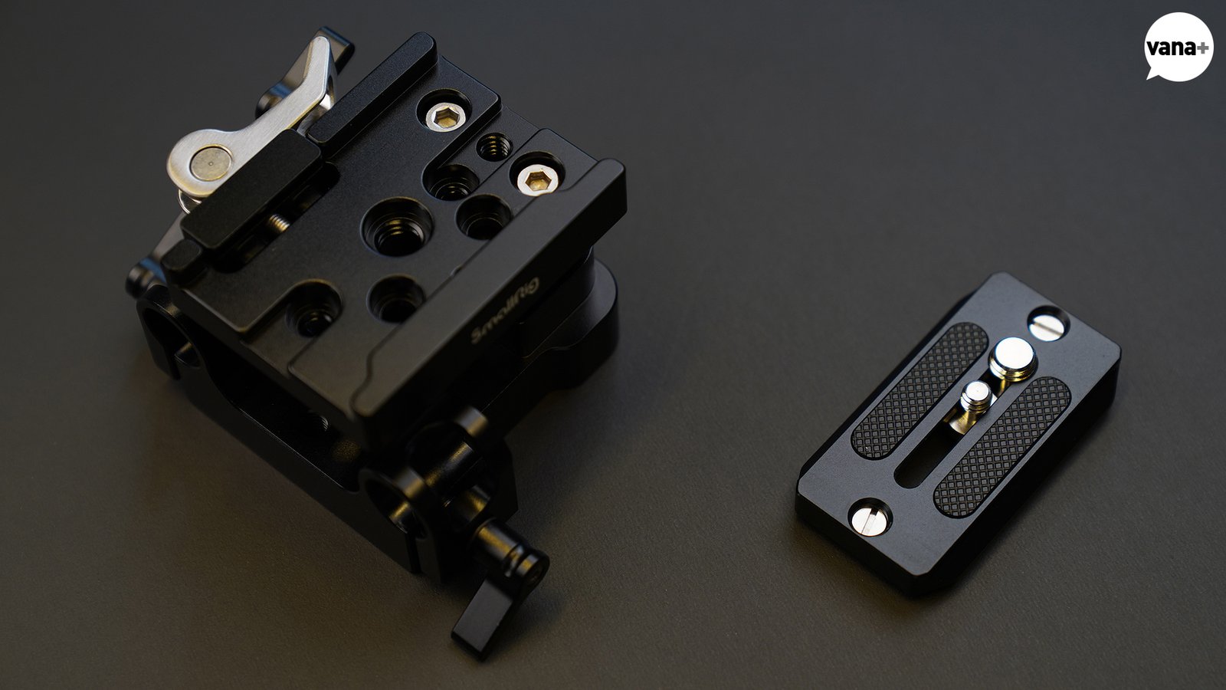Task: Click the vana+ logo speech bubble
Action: (x=1178, y=47)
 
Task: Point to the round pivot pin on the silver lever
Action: (x=209, y=163)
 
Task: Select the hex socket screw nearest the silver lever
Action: (x=446, y=116)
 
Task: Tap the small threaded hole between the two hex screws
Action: (x=493, y=146)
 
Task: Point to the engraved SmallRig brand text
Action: (x=505, y=310)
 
